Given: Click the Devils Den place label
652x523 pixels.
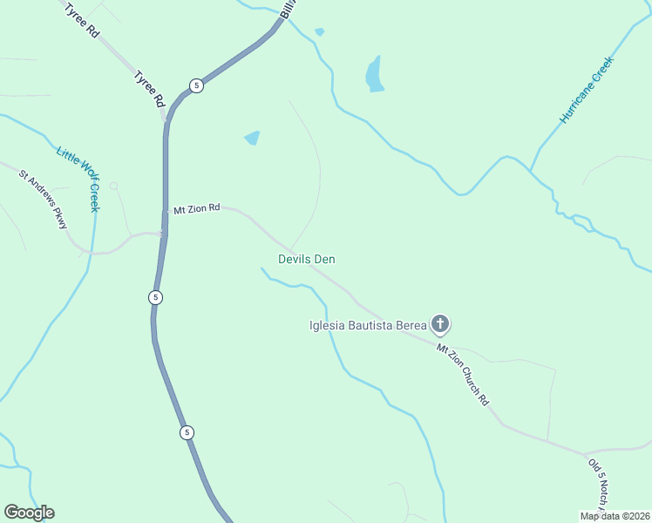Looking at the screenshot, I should tap(307, 259).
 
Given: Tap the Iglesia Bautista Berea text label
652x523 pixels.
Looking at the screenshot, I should tap(368, 326).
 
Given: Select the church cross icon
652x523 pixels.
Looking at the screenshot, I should tap(441, 326).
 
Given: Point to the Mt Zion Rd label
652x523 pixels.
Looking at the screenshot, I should tap(196, 209).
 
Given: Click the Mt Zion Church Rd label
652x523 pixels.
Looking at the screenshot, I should tap(463, 374).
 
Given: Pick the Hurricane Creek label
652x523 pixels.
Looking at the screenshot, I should tap(587, 90).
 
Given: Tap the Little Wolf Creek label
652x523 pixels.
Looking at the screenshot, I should tap(79, 178).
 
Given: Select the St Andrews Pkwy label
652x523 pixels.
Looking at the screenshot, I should tap(44, 199).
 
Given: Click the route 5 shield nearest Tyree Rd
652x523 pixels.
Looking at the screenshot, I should tap(197, 85).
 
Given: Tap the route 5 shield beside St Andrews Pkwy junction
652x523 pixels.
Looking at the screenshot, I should tap(155, 297).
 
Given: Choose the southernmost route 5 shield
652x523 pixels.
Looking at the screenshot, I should tap(187, 432).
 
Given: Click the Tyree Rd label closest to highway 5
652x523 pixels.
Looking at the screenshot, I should tap(149, 89).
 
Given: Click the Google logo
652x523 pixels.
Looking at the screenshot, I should tap(29, 513).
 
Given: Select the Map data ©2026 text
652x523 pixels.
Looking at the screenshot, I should tap(615, 516).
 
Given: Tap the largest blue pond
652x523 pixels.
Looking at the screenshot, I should tap(374, 75).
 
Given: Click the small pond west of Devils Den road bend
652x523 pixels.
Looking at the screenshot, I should tap(252, 138).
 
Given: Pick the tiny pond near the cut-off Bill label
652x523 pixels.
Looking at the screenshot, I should tap(320, 32).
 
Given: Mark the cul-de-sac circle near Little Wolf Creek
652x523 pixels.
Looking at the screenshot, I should tap(113, 186).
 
